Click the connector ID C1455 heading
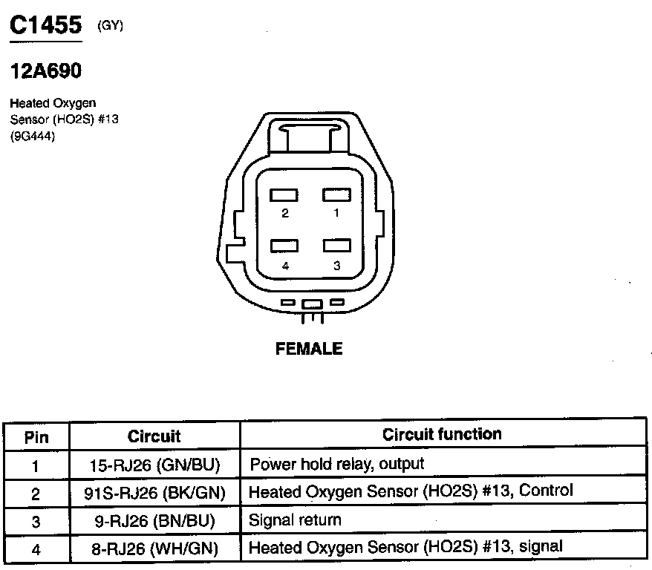coord(45,27)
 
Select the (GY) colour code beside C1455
coord(110,27)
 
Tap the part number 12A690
coord(45,72)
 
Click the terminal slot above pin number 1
coord(336,194)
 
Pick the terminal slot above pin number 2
coord(284,194)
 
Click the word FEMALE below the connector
coord(309,349)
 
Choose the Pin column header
coord(36,436)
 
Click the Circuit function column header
coord(442,434)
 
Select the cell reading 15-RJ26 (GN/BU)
coord(154,465)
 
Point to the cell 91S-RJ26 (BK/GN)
coord(154,493)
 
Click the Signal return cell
coord(295,520)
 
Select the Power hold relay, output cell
coord(337,465)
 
